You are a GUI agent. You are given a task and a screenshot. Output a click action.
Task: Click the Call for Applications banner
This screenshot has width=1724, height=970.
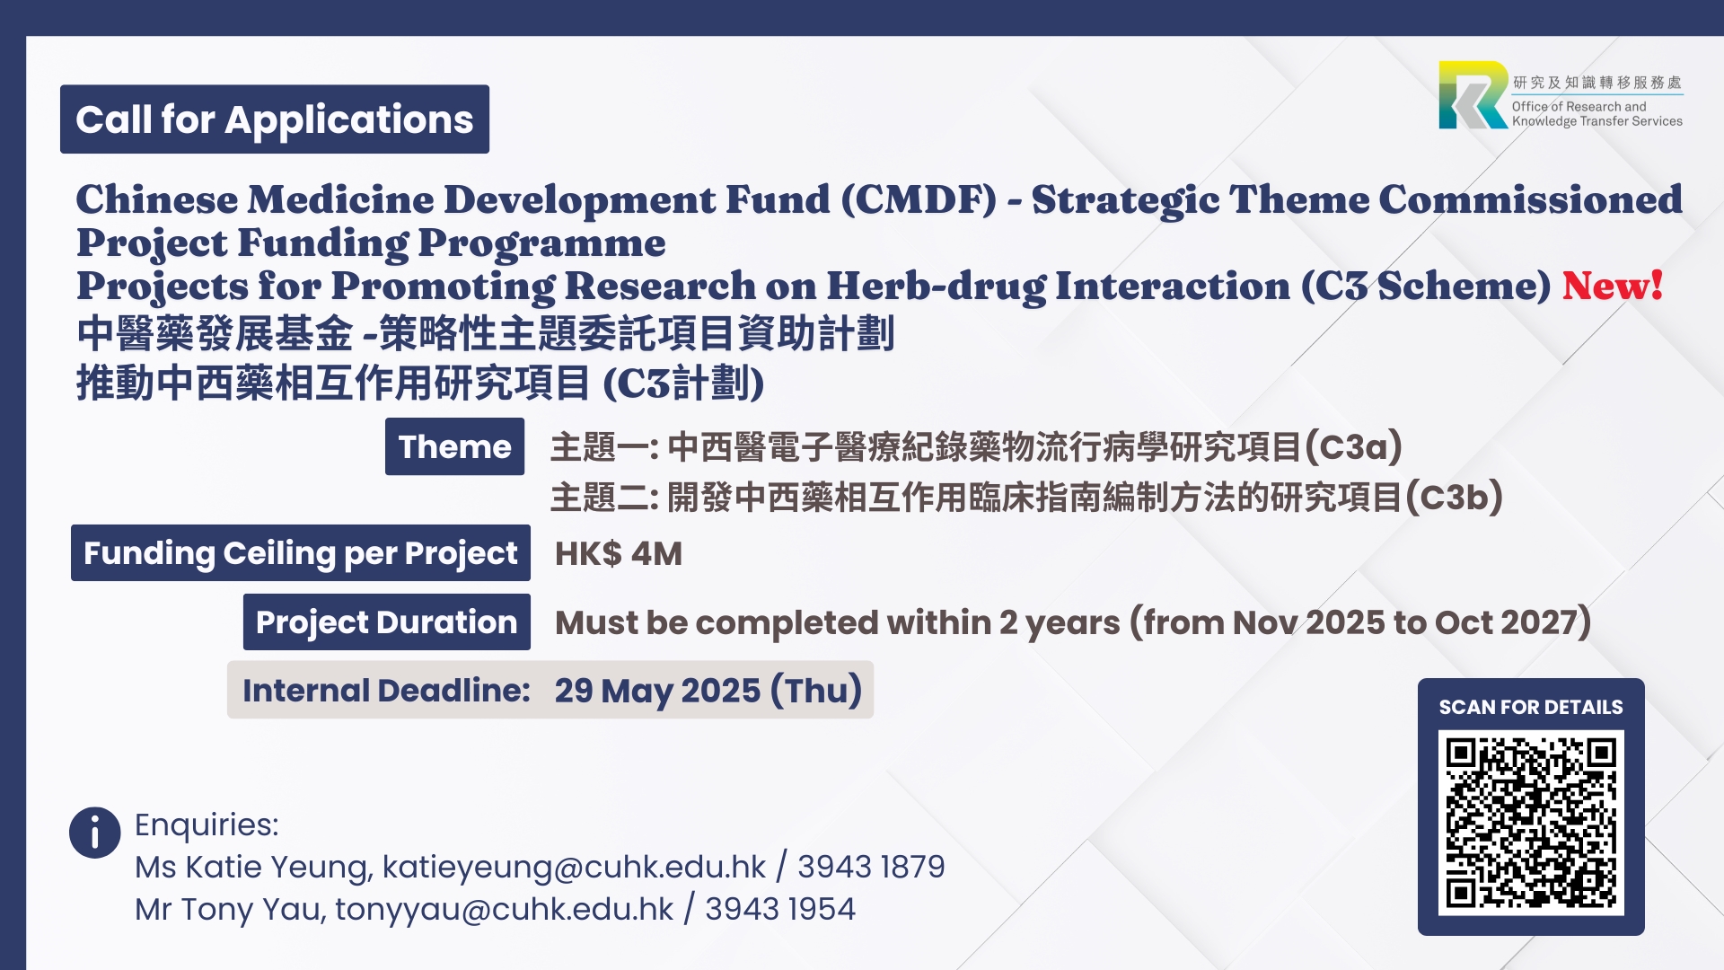pyautogui.click(x=275, y=119)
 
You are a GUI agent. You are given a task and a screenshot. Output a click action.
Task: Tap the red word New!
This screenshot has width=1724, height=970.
pyautogui.click(x=1613, y=286)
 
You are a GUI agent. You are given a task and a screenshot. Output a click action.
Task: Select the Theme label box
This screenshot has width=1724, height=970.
pyautogui.click(x=454, y=446)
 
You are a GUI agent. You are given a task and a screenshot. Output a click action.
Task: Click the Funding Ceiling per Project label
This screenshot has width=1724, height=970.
pyautogui.click(x=301, y=553)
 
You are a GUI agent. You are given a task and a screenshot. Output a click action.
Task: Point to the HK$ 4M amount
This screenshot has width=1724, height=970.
pyautogui.click(x=619, y=553)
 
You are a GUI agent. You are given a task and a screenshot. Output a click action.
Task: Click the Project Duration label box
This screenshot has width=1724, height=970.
pyautogui.click(x=387, y=622)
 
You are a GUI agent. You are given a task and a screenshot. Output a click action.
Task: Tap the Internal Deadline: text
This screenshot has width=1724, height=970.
pyautogui.click(x=386, y=690)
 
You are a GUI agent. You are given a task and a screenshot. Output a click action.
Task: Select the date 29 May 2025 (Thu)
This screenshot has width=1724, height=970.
pyautogui.click(x=708, y=690)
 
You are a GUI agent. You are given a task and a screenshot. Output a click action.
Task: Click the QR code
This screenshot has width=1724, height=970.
pyautogui.click(x=1531, y=823)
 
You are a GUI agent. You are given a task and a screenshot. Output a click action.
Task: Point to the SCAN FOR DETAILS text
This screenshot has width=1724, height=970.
pyautogui.click(x=1531, y=707)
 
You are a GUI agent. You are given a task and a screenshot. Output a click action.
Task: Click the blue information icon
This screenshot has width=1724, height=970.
pyautogui.click(x=94, y=833)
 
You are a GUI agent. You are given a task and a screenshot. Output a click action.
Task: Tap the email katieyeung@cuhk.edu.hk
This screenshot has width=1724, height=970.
pyautogui.click(x=574, y=867)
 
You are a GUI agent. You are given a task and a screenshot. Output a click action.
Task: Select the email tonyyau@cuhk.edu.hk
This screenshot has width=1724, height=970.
pyautogui.click(x=504, y=909)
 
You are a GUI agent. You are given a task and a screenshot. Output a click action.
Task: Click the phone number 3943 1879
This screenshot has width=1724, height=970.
pyautogui.click(x=871, y=867)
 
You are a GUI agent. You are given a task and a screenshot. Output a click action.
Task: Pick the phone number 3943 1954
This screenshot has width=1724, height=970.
pyautogui.click(x=780, y=909)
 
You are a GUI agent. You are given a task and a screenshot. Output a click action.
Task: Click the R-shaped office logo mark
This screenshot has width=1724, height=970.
pyautogui.click(x=1473, y=95)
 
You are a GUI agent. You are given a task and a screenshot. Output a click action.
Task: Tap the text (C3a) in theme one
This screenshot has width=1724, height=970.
pyautogui.click(x=1353, y=446)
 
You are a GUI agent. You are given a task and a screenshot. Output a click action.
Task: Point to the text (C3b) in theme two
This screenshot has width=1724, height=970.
pyautogui.click(x=1454, y=497)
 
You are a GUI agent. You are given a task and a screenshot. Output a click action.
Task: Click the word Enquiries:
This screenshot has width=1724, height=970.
pyautogui.click(x=207, y=824)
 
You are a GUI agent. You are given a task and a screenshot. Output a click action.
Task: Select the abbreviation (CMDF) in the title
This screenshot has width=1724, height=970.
pyautogui.click(x=919, y=199)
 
